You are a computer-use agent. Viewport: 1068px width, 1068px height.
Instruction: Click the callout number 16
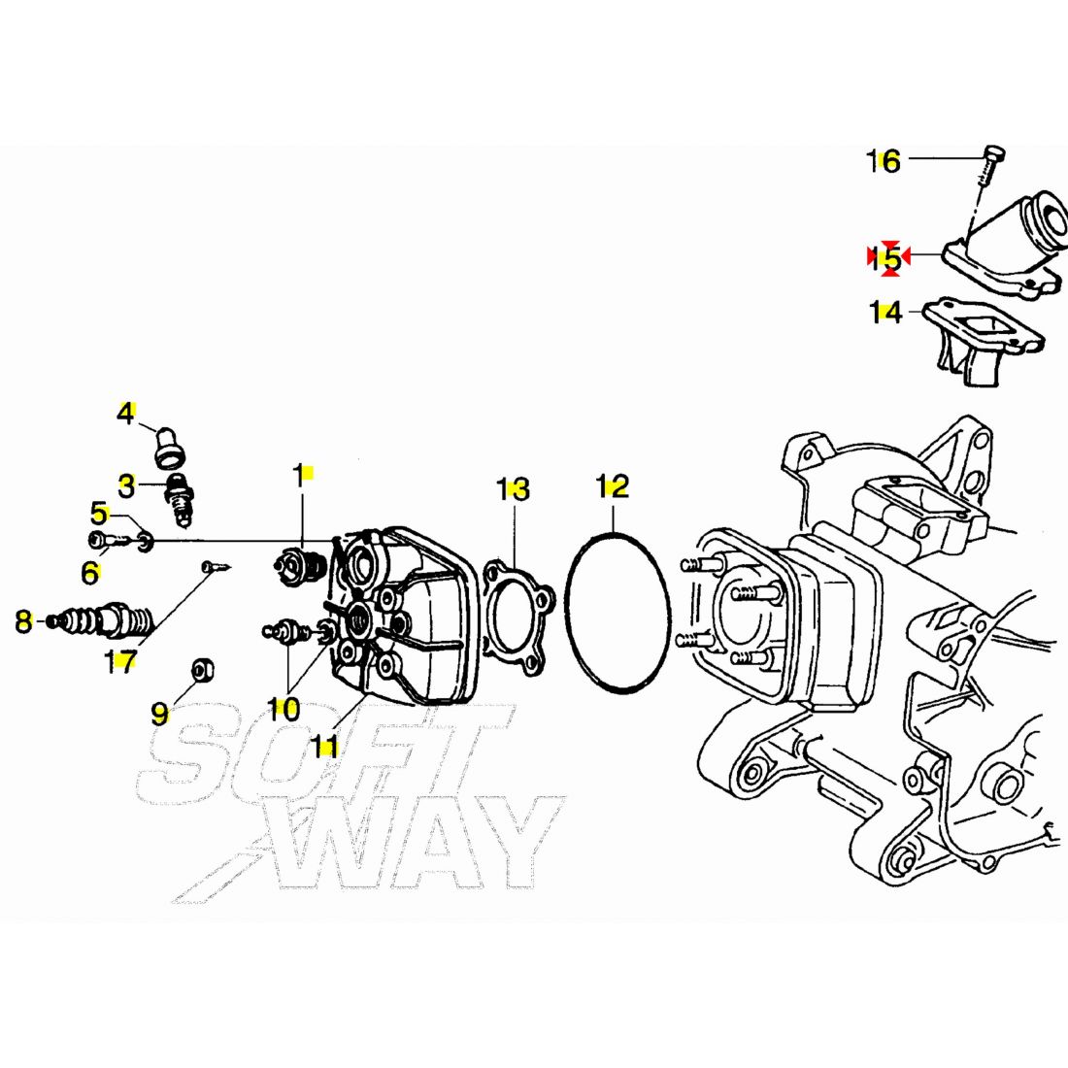[x=884, y=161]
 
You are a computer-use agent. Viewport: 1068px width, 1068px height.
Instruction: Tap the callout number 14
[x=885, y=313]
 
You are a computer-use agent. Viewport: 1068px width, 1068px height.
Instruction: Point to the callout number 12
[x=613, y=485]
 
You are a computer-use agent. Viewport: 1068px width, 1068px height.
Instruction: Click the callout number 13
[x=514, y=489]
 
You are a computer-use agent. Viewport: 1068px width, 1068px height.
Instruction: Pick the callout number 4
[x=125, y=414]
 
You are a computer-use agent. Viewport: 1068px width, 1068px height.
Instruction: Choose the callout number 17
[x=120, y=662]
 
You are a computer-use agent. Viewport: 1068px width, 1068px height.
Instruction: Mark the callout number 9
[x=159, y=715]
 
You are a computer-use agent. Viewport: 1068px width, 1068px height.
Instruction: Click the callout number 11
[x=324, y=745]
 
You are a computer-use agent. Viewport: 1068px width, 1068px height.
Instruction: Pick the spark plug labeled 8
[x=102, y=617]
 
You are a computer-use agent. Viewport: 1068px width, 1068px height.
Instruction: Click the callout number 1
[x=299, y=475]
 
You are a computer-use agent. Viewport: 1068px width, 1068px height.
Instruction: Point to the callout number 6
[x=90, y=573]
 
